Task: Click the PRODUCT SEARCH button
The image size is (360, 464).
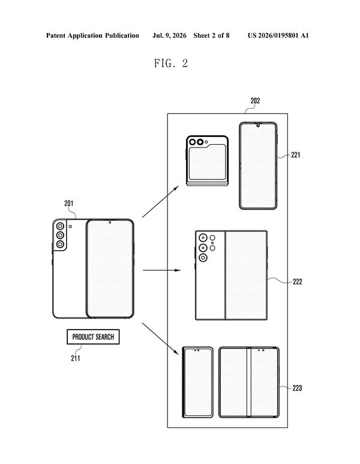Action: coord(93,337)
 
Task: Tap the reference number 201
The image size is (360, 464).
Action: coord(68,203)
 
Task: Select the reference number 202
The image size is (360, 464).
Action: coord(255,101)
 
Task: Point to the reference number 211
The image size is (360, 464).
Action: coord(76,358)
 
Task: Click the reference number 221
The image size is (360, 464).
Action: coord(296,155)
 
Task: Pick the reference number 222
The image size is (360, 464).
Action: coord(297,282)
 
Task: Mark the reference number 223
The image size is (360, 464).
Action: coord(297,388)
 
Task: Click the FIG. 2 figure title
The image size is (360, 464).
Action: coord(171,63)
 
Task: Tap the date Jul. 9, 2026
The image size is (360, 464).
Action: coord(169,35)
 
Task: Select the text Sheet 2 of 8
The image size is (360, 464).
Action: coord(211,35)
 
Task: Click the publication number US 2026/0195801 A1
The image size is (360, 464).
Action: coord(278,35)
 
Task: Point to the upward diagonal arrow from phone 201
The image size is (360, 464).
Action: coord(160,202)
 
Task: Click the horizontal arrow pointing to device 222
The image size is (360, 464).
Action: coord(161,270)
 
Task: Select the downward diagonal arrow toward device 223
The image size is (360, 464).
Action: coord(161,339)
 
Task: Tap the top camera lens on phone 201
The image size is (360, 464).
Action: coord(61,226)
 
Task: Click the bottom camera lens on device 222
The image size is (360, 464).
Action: coord(203,258)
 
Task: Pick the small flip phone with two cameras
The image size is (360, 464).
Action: coord(208,161)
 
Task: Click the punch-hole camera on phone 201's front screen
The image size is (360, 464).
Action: coord(110,222)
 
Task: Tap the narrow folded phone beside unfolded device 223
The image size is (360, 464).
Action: coord(197,382)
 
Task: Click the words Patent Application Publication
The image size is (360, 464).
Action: coord(92,35)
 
